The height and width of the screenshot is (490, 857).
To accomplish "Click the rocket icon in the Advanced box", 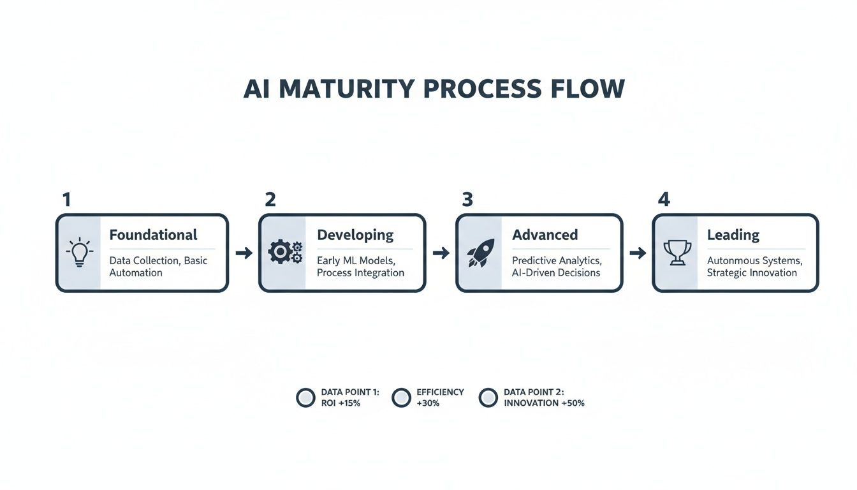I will click(480, 253).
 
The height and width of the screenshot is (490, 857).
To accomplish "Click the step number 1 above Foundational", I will click(66, 200).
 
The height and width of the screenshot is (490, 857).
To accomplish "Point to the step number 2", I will click(270, 200).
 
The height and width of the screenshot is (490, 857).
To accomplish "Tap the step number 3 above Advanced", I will click(467, 200).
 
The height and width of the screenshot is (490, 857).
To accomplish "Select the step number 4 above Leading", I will click(664, 200).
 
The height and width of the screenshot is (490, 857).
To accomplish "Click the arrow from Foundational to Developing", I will click(244, 253).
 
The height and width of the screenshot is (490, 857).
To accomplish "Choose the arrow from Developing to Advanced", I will click(441, 253).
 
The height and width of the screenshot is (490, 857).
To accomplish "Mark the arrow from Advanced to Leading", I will click(638, 253).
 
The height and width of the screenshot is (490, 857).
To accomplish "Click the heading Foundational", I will click(153, 235).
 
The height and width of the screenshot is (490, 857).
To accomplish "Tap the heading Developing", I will click(355, 235).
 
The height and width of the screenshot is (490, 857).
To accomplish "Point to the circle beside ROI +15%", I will click(306, 397).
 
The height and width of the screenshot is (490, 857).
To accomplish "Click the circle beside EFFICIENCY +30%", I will click(401, 397).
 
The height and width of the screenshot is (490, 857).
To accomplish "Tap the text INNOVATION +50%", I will click(544, 403).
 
